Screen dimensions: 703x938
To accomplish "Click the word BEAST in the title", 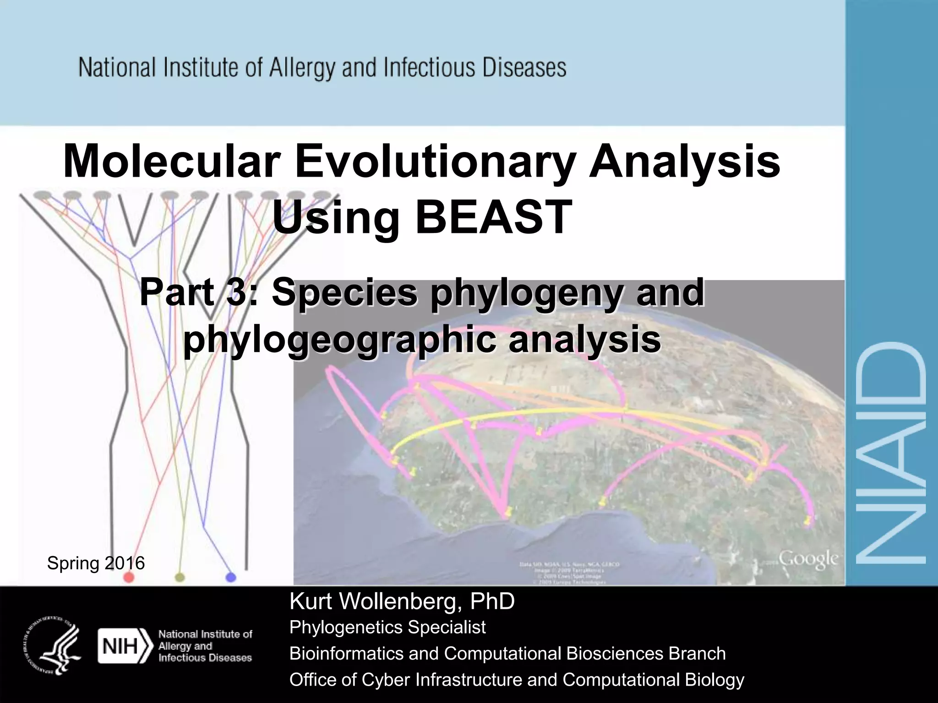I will [x=493, y=217].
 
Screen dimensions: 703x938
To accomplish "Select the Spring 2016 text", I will [x=96, y=563].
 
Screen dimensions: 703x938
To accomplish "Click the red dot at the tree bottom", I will [x=129, y=577].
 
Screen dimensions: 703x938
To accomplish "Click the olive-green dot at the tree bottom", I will [x=180, y=577].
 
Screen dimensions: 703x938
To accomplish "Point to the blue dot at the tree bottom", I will [x=231, y=577].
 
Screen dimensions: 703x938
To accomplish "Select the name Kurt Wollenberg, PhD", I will [x=402, y=601].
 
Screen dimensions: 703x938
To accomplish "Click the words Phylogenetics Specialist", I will [x=387, y=627].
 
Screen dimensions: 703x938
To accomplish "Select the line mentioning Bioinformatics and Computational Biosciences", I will [x=507, y=654].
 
